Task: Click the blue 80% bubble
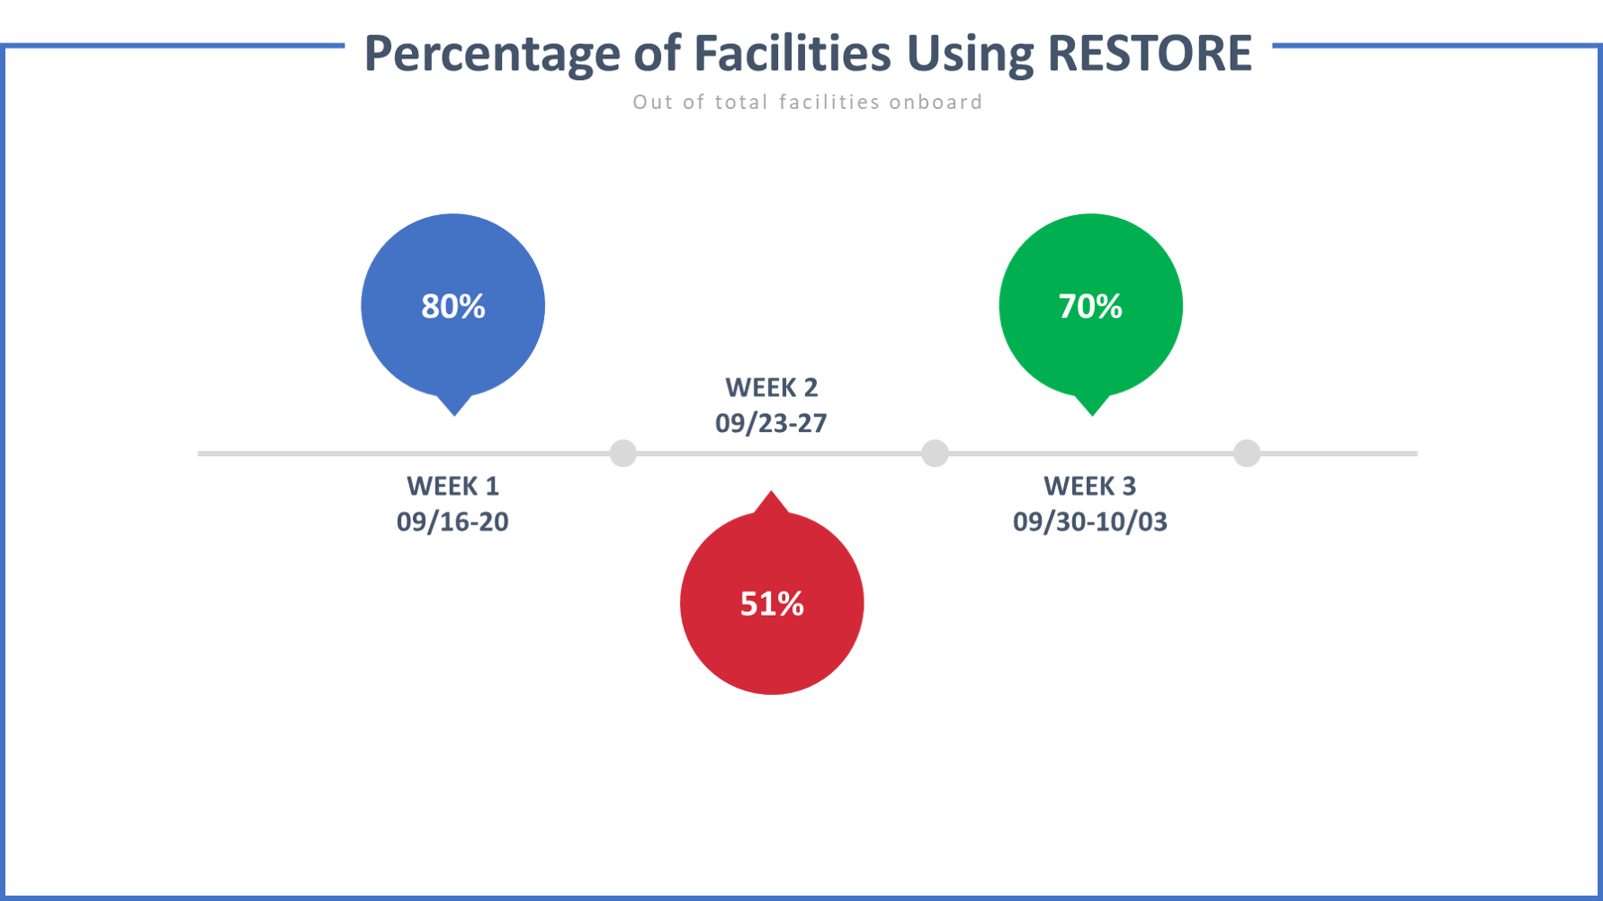click(452, 306)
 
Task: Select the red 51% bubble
click(772, 603)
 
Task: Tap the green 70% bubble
click(1090, 306)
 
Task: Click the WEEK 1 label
click(452, 486)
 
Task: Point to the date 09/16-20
click(452, 522)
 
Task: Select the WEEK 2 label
click(772, 388)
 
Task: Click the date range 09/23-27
click(771, 424)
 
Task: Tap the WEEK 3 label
click(1090, 486)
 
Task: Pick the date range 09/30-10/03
click(1090, 522)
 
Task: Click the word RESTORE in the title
click(1150, 53)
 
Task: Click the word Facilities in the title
click(793, 53)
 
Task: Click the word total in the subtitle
click(741, 103)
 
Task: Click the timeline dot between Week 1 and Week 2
click(623, 453)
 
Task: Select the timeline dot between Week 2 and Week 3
click(935, 453)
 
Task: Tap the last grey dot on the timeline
click(1246, 453)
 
